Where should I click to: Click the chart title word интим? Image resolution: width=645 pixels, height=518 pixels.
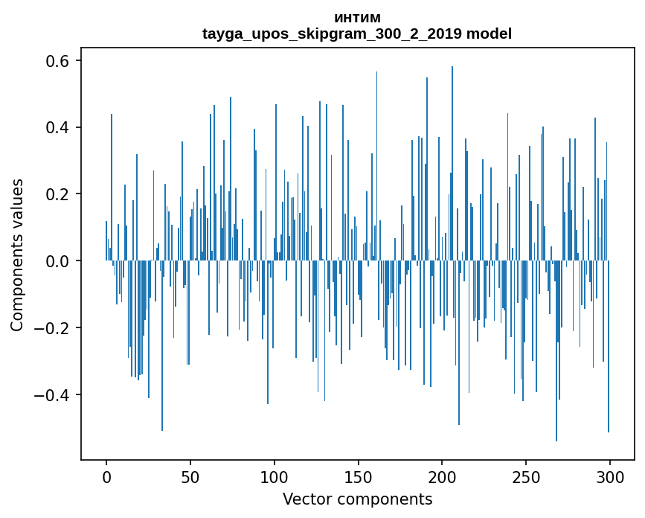[x=357, y=18]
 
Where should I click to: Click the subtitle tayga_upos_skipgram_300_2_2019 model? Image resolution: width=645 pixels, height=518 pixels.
[x=357, y=33]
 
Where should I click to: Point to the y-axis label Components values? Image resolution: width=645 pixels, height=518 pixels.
[x=17, y=255]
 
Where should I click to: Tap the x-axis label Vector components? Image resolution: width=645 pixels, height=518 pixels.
[x=357, y=499]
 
